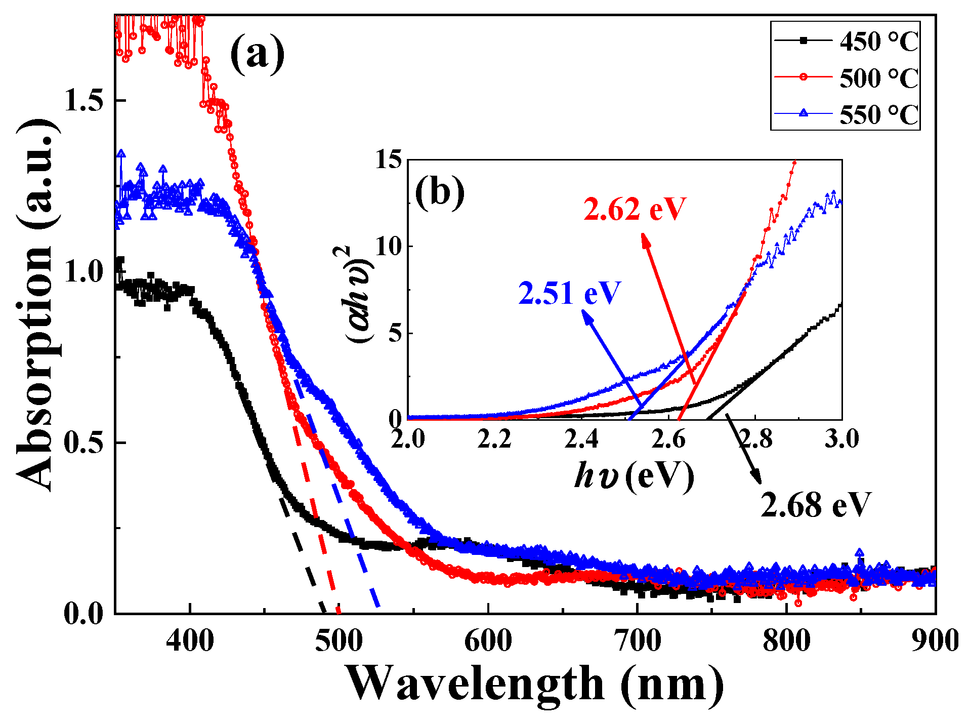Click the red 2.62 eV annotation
click(x=635, y=209)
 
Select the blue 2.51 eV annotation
click(x=569, y=293)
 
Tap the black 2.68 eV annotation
click(x=816, y=505)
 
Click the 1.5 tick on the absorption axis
click(x=83, y=101)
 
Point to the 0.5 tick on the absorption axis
click(x=83, y=443)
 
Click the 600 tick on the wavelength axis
click(x=488, y=641)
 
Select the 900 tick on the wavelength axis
click(x=935, y=641)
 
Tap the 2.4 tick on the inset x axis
click(x=581, y=438)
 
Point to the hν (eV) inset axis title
click(x=634, y=476)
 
